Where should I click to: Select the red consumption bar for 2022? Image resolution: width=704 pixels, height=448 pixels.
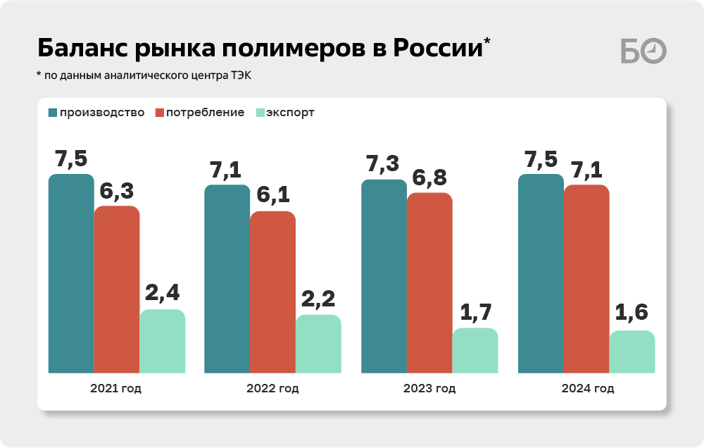click(x=273, y=292)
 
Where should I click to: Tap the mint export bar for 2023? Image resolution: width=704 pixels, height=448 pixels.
click(x=474, y=350)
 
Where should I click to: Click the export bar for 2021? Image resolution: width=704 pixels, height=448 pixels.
click(x=162, y=341)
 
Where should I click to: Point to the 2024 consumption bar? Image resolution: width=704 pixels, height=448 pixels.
click(x=586, y=279)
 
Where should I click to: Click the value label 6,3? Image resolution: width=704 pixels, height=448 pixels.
click(x=117, y=191)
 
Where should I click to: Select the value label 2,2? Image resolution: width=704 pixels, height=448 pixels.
click(x=318, y=299)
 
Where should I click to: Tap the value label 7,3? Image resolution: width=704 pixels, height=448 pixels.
click(x=382, y=164)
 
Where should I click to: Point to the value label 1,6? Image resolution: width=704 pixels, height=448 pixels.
click(x=631, y=312)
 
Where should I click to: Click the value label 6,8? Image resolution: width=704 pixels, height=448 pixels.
click(x=429, y=178)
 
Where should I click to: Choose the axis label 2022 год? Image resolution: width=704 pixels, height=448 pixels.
click(x=272, y=389)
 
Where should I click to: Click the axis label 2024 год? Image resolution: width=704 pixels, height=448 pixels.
click(x=588, y=389)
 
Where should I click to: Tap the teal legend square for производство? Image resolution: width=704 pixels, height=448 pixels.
click(x=53, y=113)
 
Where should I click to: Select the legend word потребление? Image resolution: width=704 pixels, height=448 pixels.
click(x=205, y=113)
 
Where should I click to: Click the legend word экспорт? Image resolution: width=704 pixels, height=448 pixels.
click(x=290, y=113)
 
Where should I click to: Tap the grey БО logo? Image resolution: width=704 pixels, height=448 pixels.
click(x=643, y=51)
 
